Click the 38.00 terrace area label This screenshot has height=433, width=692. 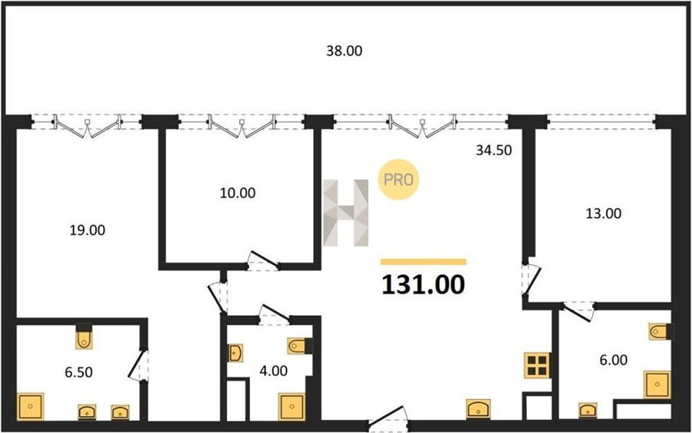(x=344, y=51)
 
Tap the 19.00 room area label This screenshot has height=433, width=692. (x=88, y=230)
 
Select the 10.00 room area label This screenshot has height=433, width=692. (x=238, y=193)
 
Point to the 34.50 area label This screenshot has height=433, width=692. (x=494, y=150)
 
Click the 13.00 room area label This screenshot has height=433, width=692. (x=604, y=213)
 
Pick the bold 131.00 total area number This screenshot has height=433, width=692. (x=423, y=284)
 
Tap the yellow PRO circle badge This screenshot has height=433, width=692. (x=398, y=180)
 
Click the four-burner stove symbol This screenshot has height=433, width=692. (x=537, y=365)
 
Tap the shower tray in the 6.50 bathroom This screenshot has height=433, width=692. (x=31, y=407)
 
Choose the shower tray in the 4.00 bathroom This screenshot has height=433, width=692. (x=291, y=407)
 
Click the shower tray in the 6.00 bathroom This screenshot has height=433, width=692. (x=657, y=385)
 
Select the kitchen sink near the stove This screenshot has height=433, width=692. (x=478, y=408)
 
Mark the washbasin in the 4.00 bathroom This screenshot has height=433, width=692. (x=235, y=353)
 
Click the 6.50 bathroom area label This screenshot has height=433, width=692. (x=78, y=372)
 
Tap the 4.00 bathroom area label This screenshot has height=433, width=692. (x=273, y=371)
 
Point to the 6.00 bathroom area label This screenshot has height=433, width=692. (x=613, y=360)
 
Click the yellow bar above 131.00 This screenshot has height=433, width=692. (x=423, y=262)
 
